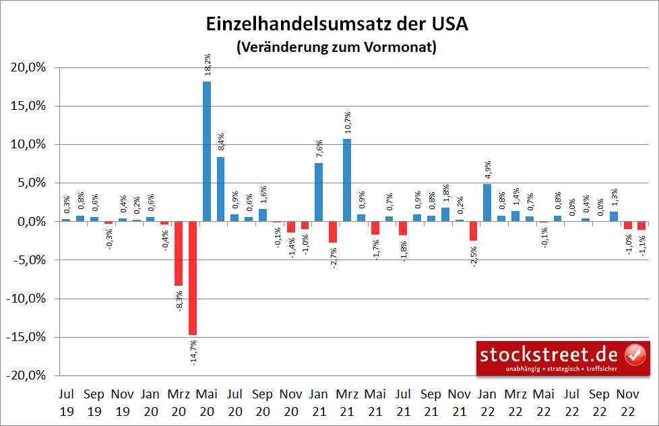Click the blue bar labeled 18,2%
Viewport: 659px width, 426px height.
coord(207,151)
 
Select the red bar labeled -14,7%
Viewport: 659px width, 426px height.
coord(193,278)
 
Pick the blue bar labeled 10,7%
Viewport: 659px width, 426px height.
coord(347,180)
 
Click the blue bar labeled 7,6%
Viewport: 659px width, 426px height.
coord(319,192)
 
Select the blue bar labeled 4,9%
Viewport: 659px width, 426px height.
coord(487,202)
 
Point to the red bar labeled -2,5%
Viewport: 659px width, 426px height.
coord(473,231)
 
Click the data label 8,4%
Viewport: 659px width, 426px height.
coord(221,144)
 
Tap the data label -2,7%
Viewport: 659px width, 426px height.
coord(333,257)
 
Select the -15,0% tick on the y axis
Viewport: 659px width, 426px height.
coord(27,337)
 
